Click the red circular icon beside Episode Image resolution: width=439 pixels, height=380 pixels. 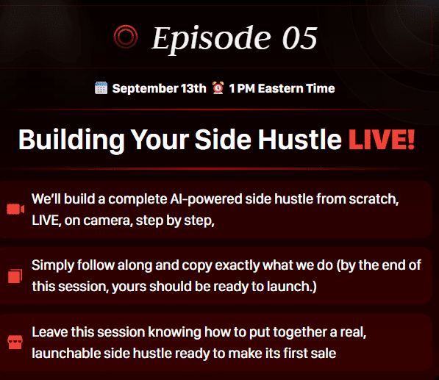tap(126, 37)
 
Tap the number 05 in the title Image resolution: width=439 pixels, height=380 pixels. tap(299, 38)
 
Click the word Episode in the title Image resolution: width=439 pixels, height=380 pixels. tap(211, 40)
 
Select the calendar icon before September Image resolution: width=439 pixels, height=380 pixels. tap(101, 88)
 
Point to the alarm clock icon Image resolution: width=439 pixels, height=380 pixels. tap(218, 87)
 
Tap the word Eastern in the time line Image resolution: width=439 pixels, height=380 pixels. tap(280, 88)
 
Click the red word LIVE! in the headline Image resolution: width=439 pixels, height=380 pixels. tap(382, 140)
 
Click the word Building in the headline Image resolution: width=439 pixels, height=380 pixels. tap(71, 140)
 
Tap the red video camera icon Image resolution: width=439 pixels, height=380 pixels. tap(15, 209)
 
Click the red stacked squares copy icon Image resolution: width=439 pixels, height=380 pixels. tap(15, 276)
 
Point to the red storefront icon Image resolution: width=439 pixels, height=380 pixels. tap(15, 342)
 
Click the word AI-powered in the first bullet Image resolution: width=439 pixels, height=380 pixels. tap(206, 199)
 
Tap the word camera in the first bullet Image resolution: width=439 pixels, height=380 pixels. tap(106, 221)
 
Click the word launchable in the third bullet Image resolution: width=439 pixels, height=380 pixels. tap(66, 353)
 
